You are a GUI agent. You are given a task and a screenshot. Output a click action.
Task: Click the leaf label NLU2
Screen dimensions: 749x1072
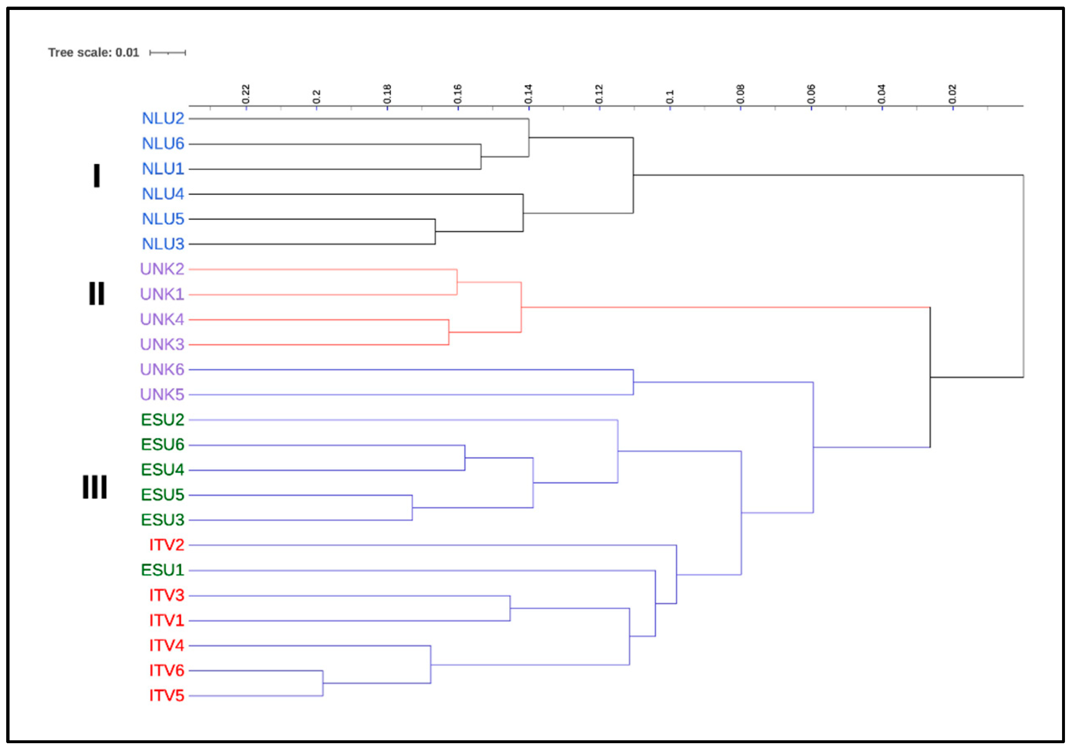point(163,119)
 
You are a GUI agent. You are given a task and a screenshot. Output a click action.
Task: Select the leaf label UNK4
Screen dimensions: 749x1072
point(162,320)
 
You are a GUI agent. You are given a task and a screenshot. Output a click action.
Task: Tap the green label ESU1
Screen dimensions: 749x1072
point(162,570)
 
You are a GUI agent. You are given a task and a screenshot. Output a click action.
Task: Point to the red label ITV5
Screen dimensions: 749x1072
point(167,696)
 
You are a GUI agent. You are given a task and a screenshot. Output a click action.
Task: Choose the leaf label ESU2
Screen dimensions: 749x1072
point(162,420)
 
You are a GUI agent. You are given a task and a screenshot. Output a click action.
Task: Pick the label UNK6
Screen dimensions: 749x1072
point(162,370)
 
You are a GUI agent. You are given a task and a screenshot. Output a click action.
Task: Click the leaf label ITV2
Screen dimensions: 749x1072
point(167,545)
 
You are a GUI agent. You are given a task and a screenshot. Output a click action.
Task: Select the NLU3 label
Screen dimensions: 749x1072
point(163,244)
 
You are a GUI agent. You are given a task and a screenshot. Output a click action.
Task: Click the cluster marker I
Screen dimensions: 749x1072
point(97,176)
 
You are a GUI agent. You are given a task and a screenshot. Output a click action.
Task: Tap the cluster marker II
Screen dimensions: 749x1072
point(97,294)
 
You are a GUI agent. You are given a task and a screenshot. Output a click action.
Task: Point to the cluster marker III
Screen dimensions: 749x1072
point(95,487)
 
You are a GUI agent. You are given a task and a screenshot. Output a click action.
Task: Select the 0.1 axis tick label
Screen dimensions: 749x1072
point(670,96)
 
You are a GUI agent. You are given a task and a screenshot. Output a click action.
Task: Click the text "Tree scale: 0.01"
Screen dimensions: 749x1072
point(93,52)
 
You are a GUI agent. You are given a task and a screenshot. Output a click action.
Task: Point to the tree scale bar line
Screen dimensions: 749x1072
point(168,53)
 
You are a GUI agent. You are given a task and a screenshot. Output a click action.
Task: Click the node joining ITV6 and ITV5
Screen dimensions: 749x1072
point(323,684)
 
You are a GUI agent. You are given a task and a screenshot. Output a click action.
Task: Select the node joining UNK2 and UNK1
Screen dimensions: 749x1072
point(457,282)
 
